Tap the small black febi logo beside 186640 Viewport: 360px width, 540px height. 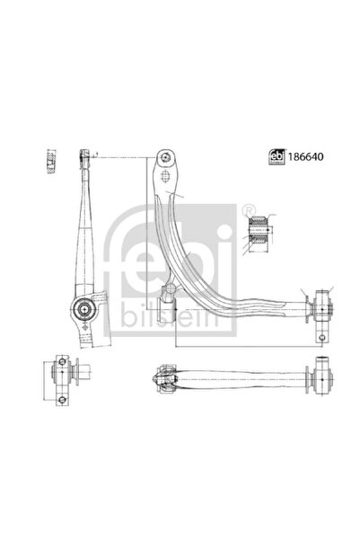[277, 155]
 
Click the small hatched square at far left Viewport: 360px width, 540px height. [48, 160]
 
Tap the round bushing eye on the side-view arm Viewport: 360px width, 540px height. [83, 311]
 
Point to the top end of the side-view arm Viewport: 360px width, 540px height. [85, 155]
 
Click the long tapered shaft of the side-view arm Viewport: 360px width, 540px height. [87, 234]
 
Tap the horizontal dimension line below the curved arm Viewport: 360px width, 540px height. [242, 346]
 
